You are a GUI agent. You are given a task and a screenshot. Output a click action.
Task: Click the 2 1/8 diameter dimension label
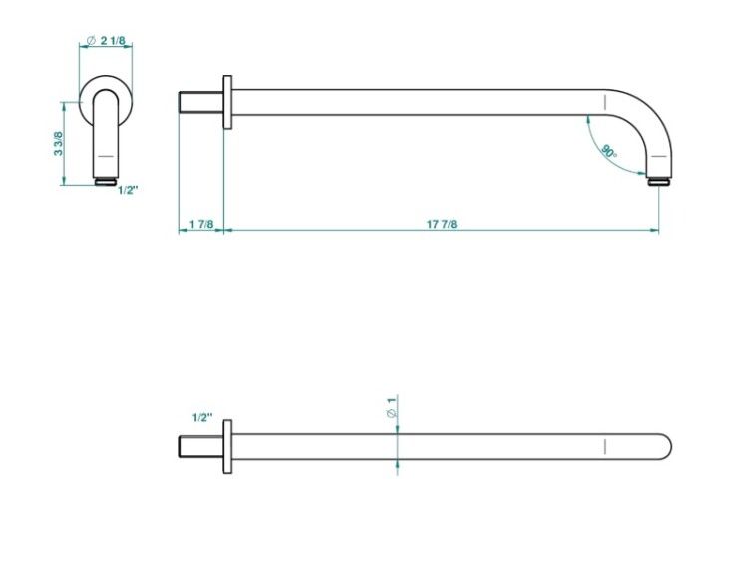click(x=112, y=41)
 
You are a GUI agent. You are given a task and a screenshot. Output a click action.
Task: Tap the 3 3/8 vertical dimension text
click(x=58, y=144)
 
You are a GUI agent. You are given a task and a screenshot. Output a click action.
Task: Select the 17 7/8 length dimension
click(x=441, y=224)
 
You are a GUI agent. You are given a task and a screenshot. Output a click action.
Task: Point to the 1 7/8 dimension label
click(x=201, y=224)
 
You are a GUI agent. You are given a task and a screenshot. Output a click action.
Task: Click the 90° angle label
click(x=609, y=152)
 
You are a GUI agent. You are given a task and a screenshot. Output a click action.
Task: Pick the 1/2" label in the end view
click(x=128, y=190)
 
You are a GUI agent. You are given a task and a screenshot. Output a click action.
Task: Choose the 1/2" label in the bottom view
click(x=202, y=418)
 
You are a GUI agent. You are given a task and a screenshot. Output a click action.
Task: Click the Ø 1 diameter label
click(x=391, y=407)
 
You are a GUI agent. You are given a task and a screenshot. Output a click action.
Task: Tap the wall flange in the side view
click(x=228, y=102)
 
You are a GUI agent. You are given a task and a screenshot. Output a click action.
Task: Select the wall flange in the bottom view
click(x=228, y=447)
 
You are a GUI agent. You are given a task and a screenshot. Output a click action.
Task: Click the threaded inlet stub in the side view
click(x=200, y=102)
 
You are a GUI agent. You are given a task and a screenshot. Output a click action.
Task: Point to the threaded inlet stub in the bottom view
click(x=200, y=447)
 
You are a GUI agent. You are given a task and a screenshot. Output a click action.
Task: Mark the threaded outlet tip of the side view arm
click(x=659, y=181)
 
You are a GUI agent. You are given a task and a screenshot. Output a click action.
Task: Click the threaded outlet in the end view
click(x=106, y=181)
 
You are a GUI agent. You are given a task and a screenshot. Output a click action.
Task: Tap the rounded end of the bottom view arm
click(x=664, y=447)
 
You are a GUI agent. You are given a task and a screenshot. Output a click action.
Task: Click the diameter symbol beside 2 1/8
click(x=91, y=41)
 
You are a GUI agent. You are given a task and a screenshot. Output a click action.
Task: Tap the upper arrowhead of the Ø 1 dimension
click(x=397, y=429)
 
